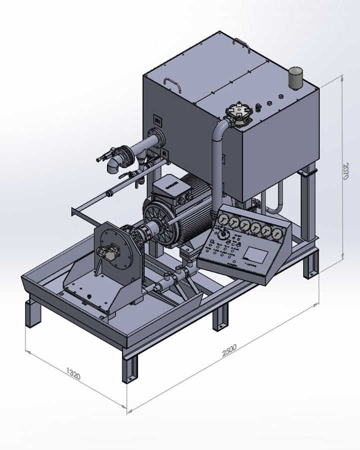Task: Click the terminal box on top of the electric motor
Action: tap(170, 187)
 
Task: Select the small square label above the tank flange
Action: tap(158, 120)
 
